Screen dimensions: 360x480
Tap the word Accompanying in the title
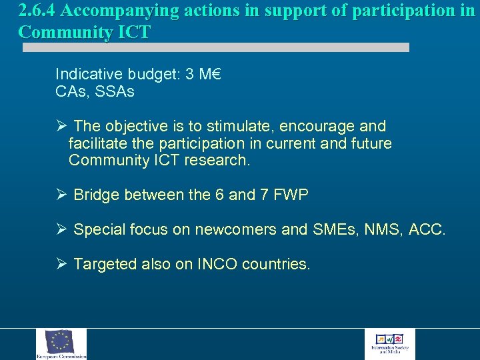click(116, 11)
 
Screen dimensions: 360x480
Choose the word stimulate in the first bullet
click(236, 126)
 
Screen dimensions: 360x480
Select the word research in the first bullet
click(219, 161)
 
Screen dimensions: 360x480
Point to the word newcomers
click(236, 230)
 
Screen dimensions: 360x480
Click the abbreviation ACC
click(427, 230)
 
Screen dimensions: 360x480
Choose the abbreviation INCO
click(217, 265)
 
